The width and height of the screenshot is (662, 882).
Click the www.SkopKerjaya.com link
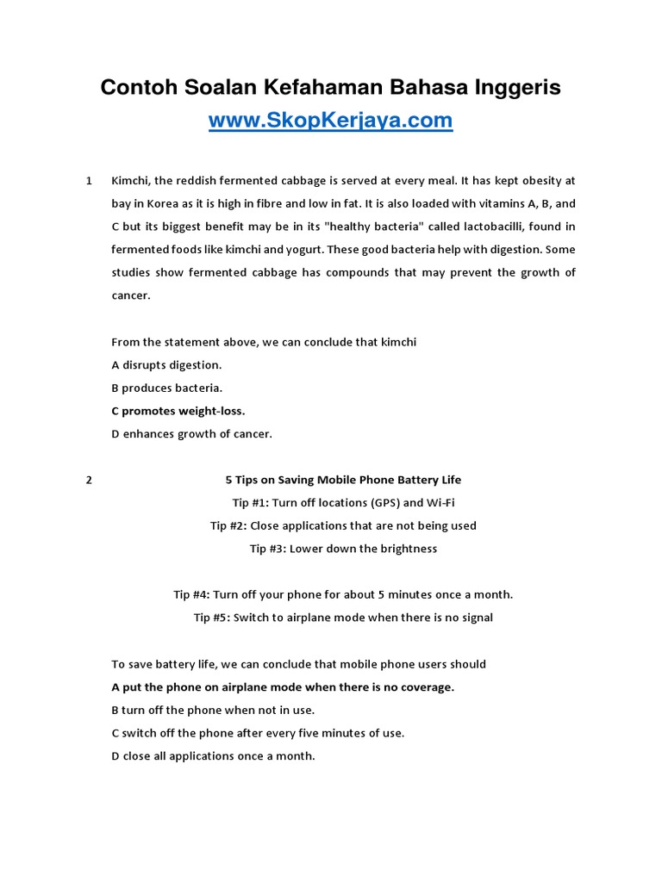[330, 121]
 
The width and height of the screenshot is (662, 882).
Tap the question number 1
[89, 181]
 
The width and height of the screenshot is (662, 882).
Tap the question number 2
[89, 480]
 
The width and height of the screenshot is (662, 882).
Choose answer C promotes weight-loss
[178, 411]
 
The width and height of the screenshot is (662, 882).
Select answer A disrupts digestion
[166, 365]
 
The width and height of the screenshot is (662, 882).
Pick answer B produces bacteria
[167, 388]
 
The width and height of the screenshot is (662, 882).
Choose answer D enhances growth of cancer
[191, 434]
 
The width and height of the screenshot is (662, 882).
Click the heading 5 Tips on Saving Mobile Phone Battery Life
[343, 480]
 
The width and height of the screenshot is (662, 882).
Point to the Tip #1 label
[251, 503]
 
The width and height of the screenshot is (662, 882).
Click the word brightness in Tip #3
[407, 549]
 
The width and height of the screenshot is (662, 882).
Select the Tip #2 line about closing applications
[343, 525]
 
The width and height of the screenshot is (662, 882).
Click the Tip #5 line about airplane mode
[343, 618]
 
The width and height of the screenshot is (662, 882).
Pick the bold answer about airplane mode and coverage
[283, 687]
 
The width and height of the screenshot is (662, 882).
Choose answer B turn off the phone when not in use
[213, 711]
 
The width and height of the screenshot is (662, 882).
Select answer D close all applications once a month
[213, 756]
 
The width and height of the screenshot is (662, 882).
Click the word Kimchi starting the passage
[129, 181]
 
